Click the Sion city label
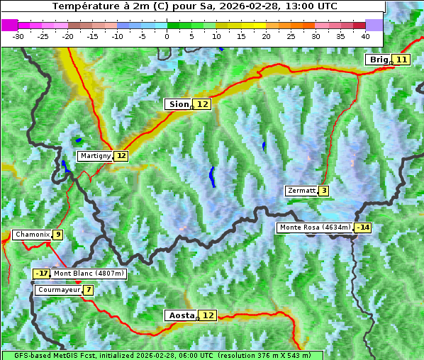point(178,104)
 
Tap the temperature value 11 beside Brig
point(402,60)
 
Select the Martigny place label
point(95,155)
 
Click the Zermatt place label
point(301,191)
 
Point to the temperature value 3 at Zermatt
point(324,191)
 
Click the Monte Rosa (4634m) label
point(315,227)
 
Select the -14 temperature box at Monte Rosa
point(363,227)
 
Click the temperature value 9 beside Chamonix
point(57,235)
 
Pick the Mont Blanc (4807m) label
point(89,274)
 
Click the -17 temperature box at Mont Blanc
point(42,274)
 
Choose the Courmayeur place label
point(58,290)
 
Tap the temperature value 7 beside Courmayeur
point(88,290)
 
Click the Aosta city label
point(180,315)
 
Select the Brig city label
point(378,60)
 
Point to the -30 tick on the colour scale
point(18,35)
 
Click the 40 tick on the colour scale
point(365,35)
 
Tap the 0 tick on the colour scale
point(167,35)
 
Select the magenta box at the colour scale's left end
point(10,25)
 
